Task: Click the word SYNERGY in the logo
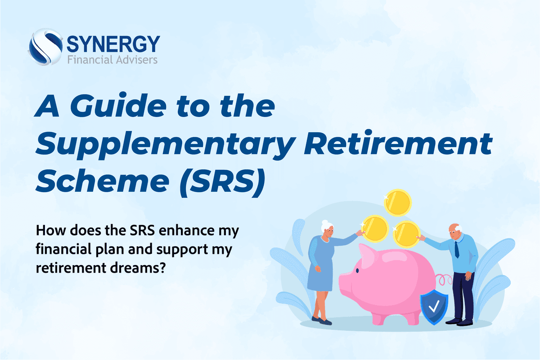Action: click(x=113, y=44)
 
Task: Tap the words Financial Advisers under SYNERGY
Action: click(x=112, y=59)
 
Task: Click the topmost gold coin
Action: click(x=398, y=202)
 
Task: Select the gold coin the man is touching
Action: click(x=407, y=233)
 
